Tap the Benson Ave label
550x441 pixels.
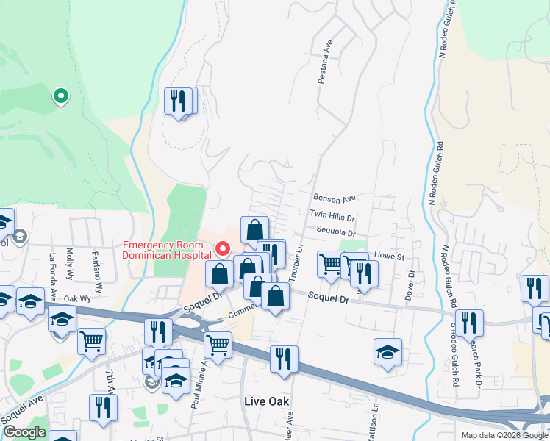click(335, 198)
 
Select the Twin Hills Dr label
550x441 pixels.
click(332, 217)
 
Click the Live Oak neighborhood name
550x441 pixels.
click(266, 401)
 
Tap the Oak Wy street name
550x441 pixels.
click(76, 298)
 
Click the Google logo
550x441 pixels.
click(24, 432)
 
